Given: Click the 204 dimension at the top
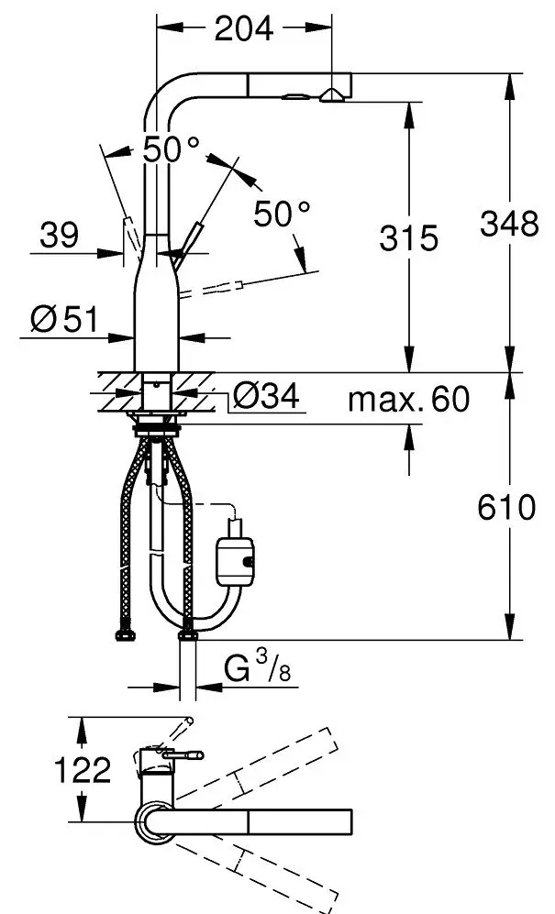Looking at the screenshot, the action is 243,28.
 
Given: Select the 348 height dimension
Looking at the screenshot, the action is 509,223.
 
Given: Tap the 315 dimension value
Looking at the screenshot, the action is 408,237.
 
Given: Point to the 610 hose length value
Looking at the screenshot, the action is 506,507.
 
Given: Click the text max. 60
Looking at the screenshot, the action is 408,400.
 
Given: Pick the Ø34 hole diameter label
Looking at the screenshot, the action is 266,396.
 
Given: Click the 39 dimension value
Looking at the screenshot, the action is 59,235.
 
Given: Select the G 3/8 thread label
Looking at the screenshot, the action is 258,667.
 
